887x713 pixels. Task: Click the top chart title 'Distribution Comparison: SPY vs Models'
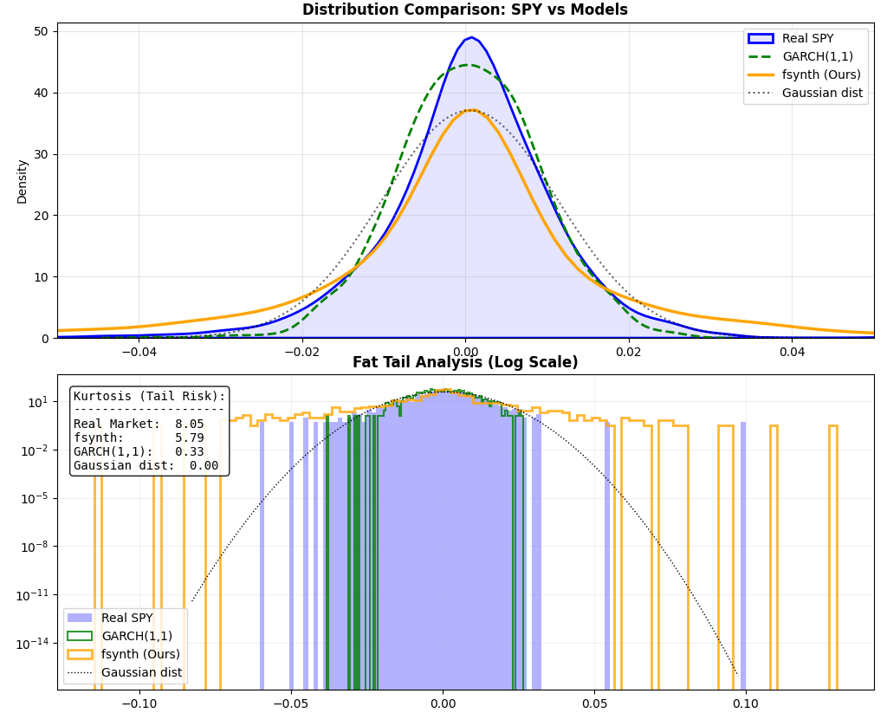[x=464, y=10]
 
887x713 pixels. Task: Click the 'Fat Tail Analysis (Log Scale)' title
[x=464, y=363]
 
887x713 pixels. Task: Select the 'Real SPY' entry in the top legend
[x=807, y=38]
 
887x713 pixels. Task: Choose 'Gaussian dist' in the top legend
[x=822, y=93]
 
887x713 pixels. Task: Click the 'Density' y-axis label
[x=22, y=181]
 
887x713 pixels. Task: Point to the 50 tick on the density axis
[x=42, y=31]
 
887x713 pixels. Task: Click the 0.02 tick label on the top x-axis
[x=628, y=353]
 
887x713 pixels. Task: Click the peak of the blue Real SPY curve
[x=471, y=37]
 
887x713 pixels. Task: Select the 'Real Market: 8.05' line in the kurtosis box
[x=139, y=425]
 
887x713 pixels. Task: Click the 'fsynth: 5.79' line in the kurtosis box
[x=139, y=438]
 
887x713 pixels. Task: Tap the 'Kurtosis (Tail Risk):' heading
[x=149, y=397]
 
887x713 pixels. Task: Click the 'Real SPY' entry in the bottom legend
[x=126, y=618]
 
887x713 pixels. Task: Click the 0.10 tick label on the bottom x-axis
[x=746, y=703]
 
